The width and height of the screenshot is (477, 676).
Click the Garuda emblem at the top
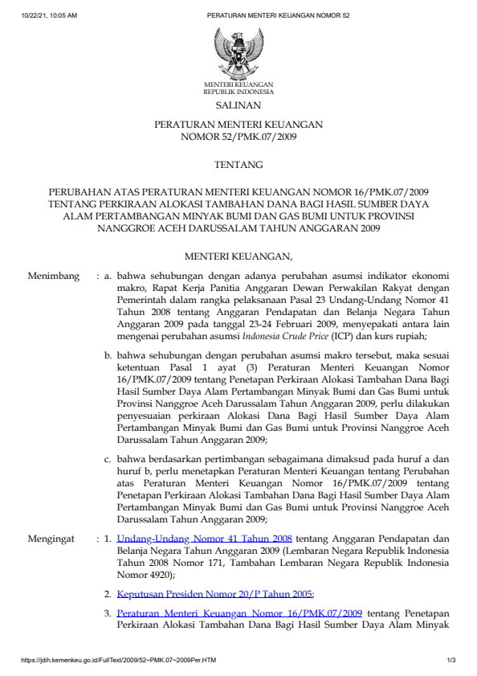coord(238,51)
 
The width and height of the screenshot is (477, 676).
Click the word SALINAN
coord(238,105)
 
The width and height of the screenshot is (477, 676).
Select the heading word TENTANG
coord(238,165)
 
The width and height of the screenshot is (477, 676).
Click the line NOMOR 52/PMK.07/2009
coord(238,137)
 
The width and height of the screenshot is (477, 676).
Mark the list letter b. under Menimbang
coord(108,354)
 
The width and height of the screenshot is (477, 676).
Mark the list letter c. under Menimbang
coord(108,459)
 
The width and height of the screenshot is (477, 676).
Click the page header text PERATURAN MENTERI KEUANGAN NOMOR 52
coord(272,15)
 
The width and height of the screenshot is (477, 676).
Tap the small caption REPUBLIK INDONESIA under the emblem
coord(238,92)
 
